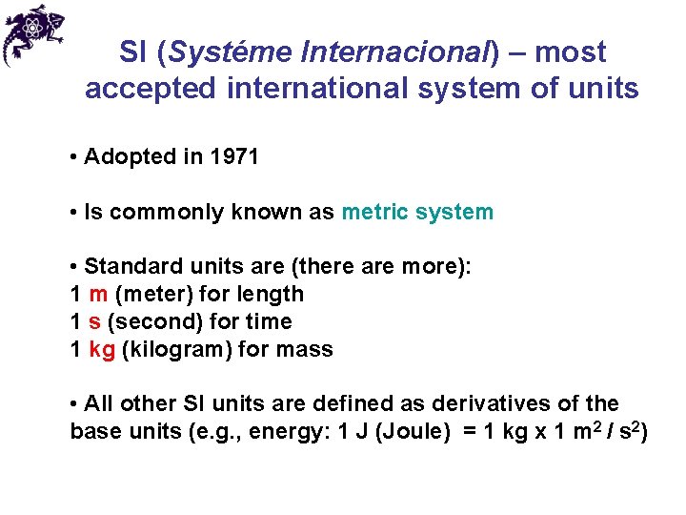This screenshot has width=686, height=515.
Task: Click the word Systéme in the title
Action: pos(226,52)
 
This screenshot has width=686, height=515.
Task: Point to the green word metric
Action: pos(373,213)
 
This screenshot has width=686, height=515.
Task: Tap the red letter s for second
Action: pos(94,322)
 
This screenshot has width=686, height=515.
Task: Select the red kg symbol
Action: pos(102,350)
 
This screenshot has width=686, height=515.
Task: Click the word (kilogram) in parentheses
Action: pos(177,350)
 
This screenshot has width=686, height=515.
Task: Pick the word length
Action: pos(273,295)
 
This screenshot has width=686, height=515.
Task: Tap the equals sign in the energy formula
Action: pos(468,432)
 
